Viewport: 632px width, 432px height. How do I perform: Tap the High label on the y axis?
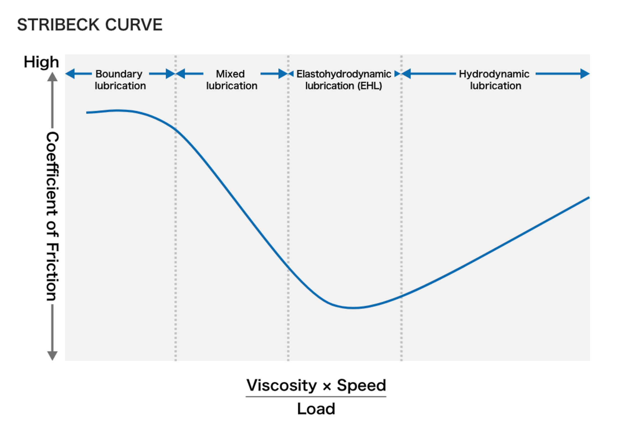coord(41,62)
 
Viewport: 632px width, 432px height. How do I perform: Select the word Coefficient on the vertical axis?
coord(52,174)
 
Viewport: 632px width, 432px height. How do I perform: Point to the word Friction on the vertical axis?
coord(52,272)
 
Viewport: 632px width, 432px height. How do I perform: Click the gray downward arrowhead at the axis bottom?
coord(52,356)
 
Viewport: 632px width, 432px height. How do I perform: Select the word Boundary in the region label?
coord(119,74)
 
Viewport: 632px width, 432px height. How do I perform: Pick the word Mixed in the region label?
coord(230,74)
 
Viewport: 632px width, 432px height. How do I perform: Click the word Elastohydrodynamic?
coord(344,74)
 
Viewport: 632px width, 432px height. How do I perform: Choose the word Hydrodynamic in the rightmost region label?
coord(494,74)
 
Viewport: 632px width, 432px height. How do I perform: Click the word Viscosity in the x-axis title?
coord(282,385)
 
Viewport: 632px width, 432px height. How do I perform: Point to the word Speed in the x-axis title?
coord(361,385)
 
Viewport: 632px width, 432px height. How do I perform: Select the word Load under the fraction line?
coord(316,409)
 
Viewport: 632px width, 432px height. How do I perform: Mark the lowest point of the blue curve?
coord(354,308)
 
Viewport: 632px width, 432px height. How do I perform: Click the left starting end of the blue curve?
coord(87,113)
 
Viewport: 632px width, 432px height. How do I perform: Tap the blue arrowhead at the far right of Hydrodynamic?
coord(585,74)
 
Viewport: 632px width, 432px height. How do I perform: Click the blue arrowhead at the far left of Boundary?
coord(70,74)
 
